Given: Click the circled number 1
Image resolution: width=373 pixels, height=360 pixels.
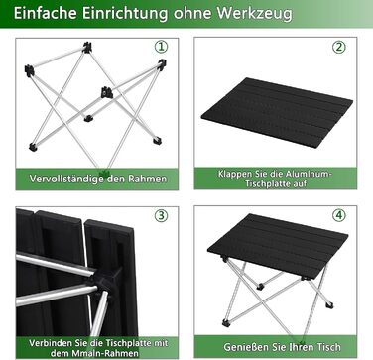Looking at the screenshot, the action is click(162, 47).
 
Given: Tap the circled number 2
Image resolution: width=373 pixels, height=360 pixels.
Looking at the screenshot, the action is click(339, 47).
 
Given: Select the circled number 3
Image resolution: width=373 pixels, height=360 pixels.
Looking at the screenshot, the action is click(162, 215).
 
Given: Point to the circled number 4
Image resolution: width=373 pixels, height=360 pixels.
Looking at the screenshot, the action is click(339, 215).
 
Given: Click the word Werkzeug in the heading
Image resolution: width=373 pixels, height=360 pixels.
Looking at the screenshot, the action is click(255, 14).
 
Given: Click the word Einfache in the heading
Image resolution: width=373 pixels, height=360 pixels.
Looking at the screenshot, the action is click(46, 13).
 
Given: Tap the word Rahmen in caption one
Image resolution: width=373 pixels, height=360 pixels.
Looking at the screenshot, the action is click(148, 179).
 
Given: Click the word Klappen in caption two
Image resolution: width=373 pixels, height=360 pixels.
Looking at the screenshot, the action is click(232, 175).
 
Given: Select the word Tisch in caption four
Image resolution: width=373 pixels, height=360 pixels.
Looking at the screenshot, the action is click(328, 347).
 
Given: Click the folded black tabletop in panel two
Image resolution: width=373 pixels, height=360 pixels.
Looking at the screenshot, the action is click(277, 112).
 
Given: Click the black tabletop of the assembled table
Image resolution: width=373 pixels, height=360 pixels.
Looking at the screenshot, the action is click(279, 246).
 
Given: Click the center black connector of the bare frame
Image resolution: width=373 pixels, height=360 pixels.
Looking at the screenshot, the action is click(107, 92).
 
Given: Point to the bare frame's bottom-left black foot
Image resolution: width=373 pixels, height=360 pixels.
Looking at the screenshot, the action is click(33, 147).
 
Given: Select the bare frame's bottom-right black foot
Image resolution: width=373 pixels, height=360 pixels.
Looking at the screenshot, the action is click(157, 141).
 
